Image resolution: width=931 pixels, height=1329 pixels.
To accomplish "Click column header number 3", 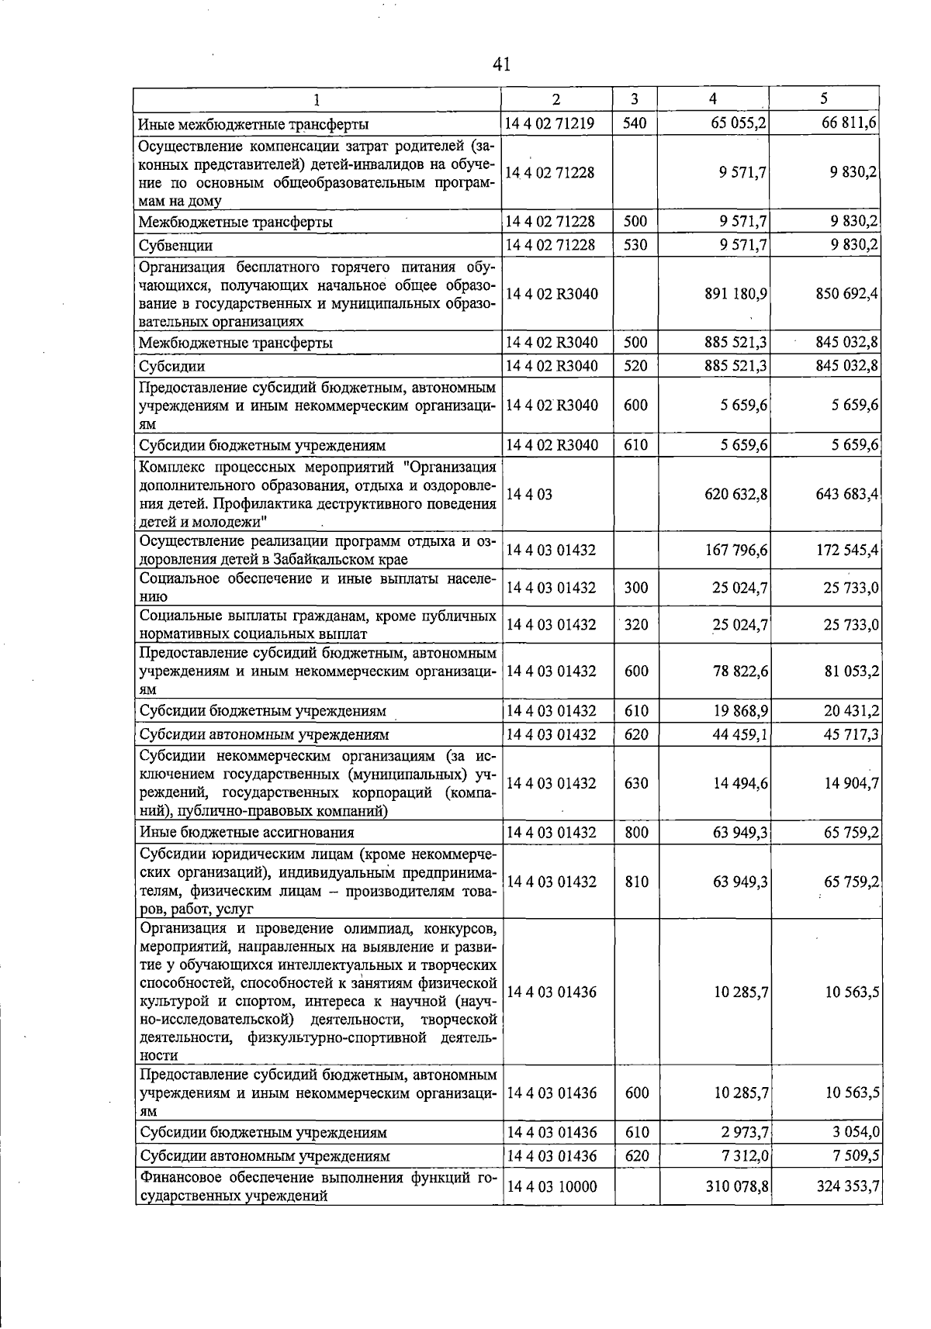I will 635,99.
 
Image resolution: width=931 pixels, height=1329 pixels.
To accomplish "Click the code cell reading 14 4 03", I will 528,494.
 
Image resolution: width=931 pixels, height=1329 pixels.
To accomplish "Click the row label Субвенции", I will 175,245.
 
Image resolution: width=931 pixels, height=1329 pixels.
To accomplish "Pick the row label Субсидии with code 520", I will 171,365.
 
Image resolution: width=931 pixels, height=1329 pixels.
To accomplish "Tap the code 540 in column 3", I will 635,123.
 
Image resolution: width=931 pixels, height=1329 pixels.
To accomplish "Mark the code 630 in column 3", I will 635,783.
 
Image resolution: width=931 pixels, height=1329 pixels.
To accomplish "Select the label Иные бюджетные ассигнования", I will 247,833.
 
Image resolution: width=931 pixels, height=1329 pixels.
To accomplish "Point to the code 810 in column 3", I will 635,882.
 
